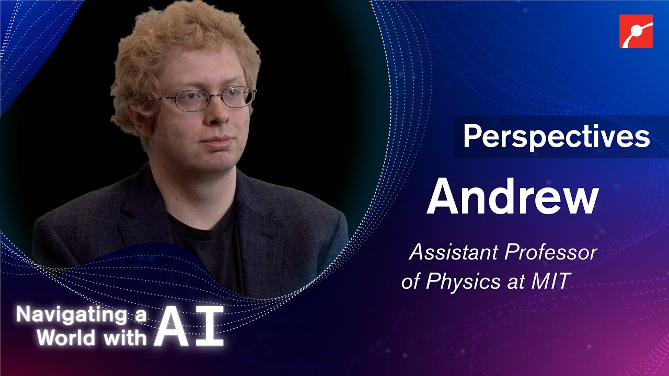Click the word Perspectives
coord(556,137)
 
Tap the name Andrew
coord(512,197)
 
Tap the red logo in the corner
coord(636,31)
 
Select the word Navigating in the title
coord(71,315)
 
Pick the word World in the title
coord(63,338)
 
